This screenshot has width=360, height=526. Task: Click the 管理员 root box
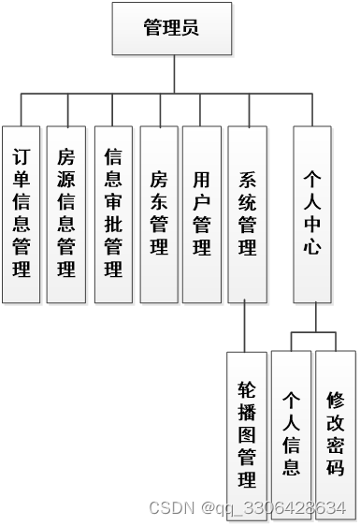[170, 27]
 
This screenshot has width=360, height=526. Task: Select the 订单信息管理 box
[21, 213]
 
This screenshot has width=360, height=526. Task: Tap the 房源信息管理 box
[66, 213]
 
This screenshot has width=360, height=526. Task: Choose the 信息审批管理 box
[113, 213]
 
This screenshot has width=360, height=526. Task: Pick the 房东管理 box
[158, 213]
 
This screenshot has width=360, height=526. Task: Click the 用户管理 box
[201, 213]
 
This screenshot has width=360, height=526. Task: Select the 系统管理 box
[247, 213]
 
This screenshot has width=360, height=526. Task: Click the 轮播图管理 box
[247, 435]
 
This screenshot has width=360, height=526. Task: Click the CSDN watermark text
[248, 507]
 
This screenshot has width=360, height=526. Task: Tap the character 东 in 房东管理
[158, 201]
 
